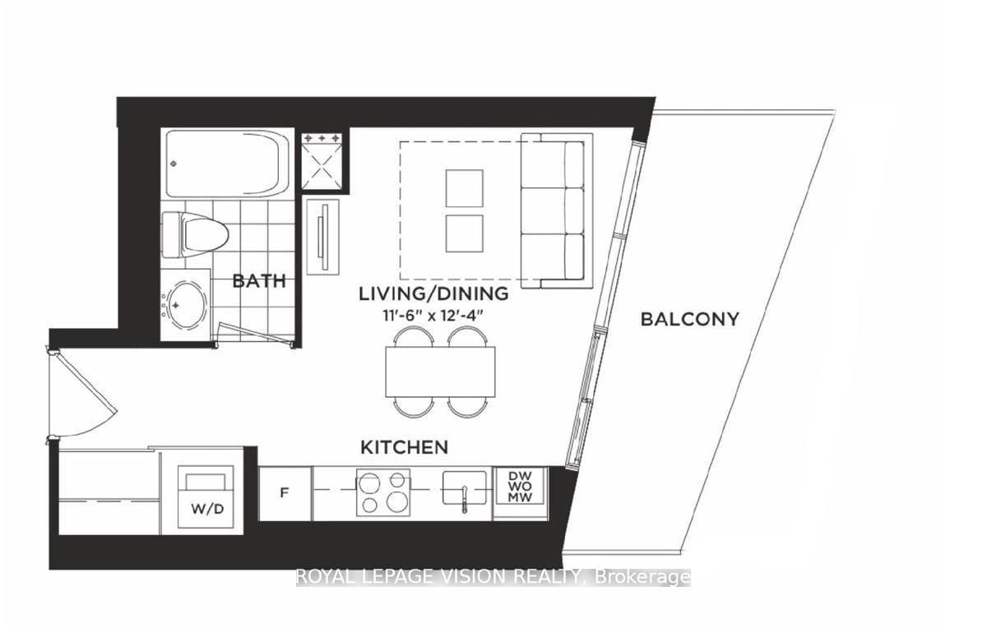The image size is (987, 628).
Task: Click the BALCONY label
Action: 689,319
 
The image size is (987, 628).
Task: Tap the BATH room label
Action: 259,281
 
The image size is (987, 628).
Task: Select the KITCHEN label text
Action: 404,448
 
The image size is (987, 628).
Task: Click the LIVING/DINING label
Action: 433,293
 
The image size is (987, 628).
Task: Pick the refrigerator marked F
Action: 285,493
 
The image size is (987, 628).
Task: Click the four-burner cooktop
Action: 382,492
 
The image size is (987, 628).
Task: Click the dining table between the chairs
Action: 441,372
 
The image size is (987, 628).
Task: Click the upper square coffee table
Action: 464,188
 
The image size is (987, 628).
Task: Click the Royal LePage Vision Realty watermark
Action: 493,578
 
